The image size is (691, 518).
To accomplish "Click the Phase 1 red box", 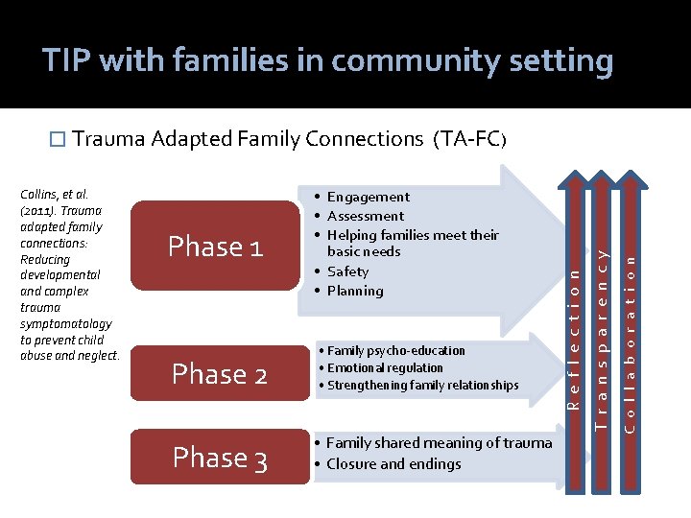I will point(215,247).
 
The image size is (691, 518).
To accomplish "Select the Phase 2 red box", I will point(218,374).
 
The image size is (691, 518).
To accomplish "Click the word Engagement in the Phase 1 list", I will point(368,197).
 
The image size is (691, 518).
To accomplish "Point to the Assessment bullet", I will point(365,216).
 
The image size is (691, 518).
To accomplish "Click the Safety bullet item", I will point(347,271).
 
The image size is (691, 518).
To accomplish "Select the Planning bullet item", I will point(354,291).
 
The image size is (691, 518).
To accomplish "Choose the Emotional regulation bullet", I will point(384,367).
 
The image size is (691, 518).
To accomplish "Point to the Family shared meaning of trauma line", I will point(439,442).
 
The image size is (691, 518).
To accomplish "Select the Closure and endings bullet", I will point(393,463).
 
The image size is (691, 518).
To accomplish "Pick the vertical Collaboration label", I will point(630,325).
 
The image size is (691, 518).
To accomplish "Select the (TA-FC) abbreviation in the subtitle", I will point(468,139).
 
